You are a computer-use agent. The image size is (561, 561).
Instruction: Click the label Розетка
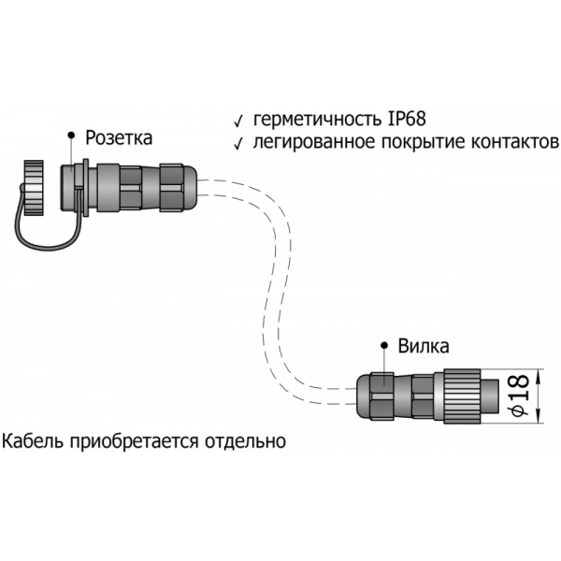tap(119, 138)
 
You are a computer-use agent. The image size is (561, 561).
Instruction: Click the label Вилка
tap(424, 346)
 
